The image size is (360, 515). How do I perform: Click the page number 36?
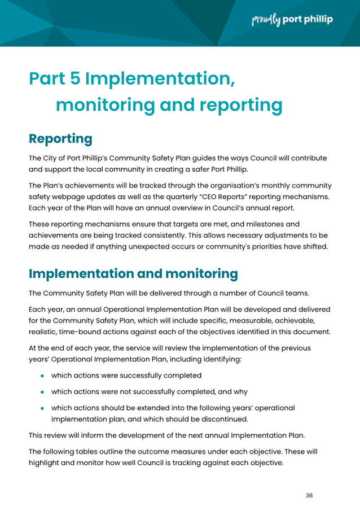pos(309,495)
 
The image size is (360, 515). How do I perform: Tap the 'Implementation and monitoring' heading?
pos(133,274)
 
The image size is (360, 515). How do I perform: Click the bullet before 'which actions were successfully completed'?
pos(42,376)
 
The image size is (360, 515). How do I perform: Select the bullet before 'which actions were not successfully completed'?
pos(42,392)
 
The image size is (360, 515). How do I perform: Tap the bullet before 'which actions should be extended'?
pos(42,408)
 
